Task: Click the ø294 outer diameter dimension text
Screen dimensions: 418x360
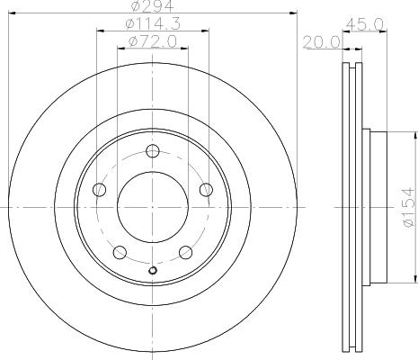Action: click(153, 6)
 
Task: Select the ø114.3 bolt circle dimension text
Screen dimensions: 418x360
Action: click(153, 23)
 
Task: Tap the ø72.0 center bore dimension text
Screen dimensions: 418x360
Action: click(153, 41)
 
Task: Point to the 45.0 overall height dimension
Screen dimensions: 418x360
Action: click(365, 24)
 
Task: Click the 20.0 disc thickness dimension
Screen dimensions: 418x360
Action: click(322, 42)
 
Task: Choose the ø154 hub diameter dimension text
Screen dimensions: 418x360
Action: click(408, 207)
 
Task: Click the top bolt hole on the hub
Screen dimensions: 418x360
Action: click(153, 151)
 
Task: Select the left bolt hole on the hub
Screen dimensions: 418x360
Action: click(100, 190)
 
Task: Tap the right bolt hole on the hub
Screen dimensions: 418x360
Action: click(206, 190)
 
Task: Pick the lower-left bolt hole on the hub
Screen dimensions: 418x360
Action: click(120, 252)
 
